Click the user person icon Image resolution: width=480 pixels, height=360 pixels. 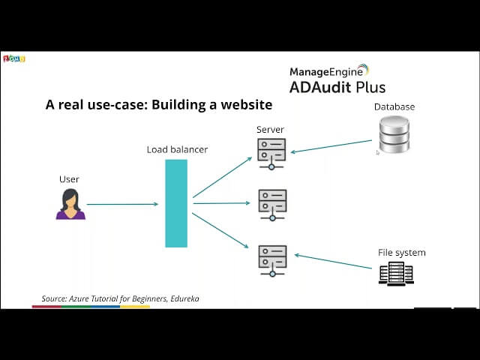coord(70,204)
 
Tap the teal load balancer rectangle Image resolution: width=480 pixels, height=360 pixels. coord(176,202)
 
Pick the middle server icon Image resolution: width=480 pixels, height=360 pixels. coord(272,203)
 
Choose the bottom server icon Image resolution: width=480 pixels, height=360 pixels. coord(272,259)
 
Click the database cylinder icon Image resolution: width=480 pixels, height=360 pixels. coord(394,135)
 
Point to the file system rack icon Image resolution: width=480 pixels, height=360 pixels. coord(396,273)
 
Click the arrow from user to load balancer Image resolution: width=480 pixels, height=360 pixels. coord(122,204)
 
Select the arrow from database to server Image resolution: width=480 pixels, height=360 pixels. coord(331,147)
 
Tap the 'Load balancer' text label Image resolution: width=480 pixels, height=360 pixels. coord(177,149)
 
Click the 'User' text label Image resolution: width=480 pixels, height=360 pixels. coord(69,179)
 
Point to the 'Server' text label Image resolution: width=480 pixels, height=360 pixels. coord(270,130)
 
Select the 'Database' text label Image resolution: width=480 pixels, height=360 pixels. coord(394,106)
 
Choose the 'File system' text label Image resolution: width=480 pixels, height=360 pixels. coord(401,252)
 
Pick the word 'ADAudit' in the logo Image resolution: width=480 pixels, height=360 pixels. coord(320,88)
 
